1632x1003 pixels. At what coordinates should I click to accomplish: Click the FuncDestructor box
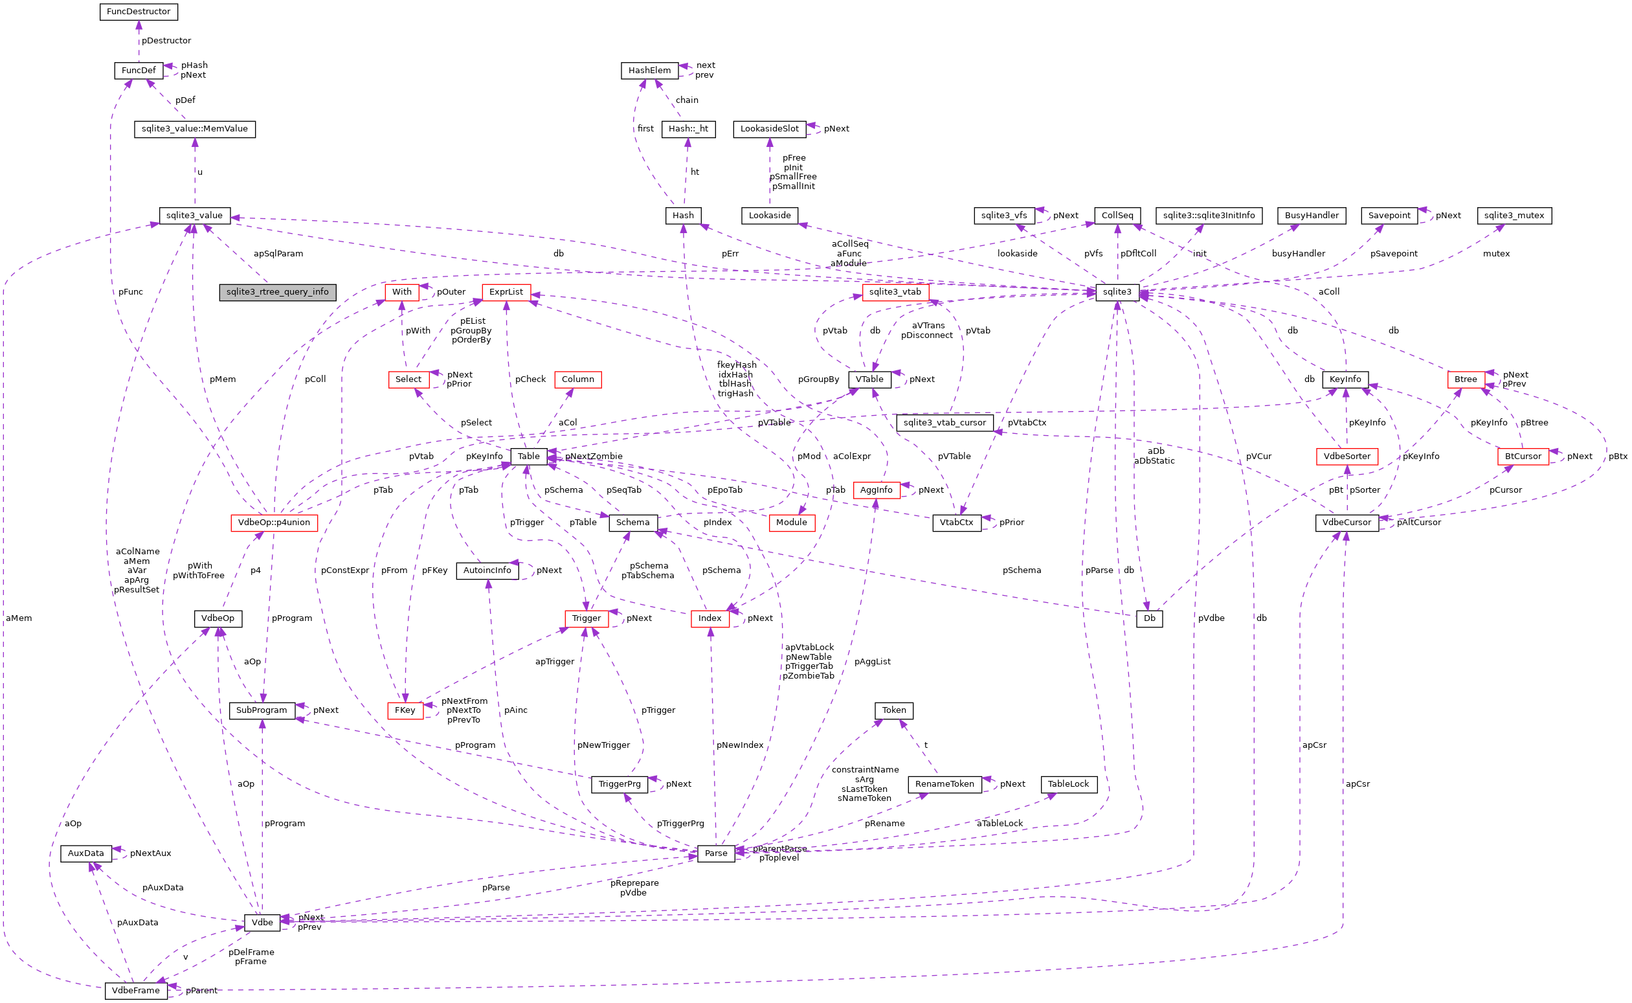(x=139, y=12)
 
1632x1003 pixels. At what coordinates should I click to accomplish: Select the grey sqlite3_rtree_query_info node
(x=277, y=293)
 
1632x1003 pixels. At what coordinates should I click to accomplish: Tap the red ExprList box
(x=506, y=293)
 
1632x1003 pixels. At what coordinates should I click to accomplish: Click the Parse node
(x=715, y=853)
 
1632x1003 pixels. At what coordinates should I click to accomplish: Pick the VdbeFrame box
(x=136, y=991)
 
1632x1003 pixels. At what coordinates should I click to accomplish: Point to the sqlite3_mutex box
(x=1514, y=216)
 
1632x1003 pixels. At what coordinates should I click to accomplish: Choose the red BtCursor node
(x=1523, y=456)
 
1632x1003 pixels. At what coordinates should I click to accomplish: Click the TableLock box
(x=1068, y=784)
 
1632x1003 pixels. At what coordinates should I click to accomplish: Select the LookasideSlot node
(x=769, y=129)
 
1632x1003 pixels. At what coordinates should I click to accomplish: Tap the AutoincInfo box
(x=487, y=570)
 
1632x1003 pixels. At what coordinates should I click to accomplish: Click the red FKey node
(x=405, y=710)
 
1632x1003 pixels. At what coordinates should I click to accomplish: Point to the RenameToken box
(x=945, y=784)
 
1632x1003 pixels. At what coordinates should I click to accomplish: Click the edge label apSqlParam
(x=278, y=254)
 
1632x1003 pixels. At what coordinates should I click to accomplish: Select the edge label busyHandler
(x=1298, y=254)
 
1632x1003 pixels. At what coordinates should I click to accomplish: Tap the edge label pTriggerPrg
(x=680, y=824)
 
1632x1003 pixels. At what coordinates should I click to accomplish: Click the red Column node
(x=577, y=379)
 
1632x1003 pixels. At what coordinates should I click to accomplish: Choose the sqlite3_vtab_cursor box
(x=945, y=423)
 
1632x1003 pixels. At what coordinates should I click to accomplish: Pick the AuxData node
(x=86, y=853)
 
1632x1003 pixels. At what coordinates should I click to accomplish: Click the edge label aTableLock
(x=1000, y=824)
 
